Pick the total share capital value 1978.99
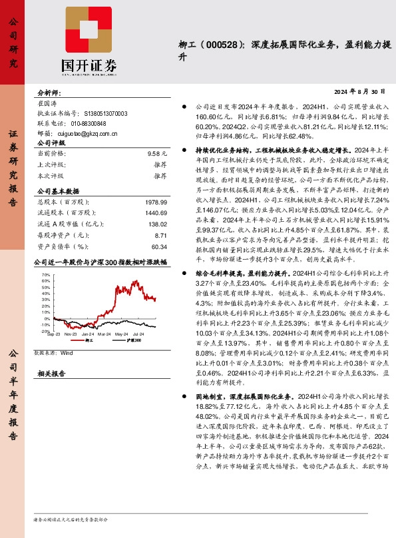tap(155, 202)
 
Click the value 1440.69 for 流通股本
tap(155, 212)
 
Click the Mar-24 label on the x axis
tap(104, 334)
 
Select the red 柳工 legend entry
tap(85, 340)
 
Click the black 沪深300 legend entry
tap(133, 340)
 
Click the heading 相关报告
tap(51, 374)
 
